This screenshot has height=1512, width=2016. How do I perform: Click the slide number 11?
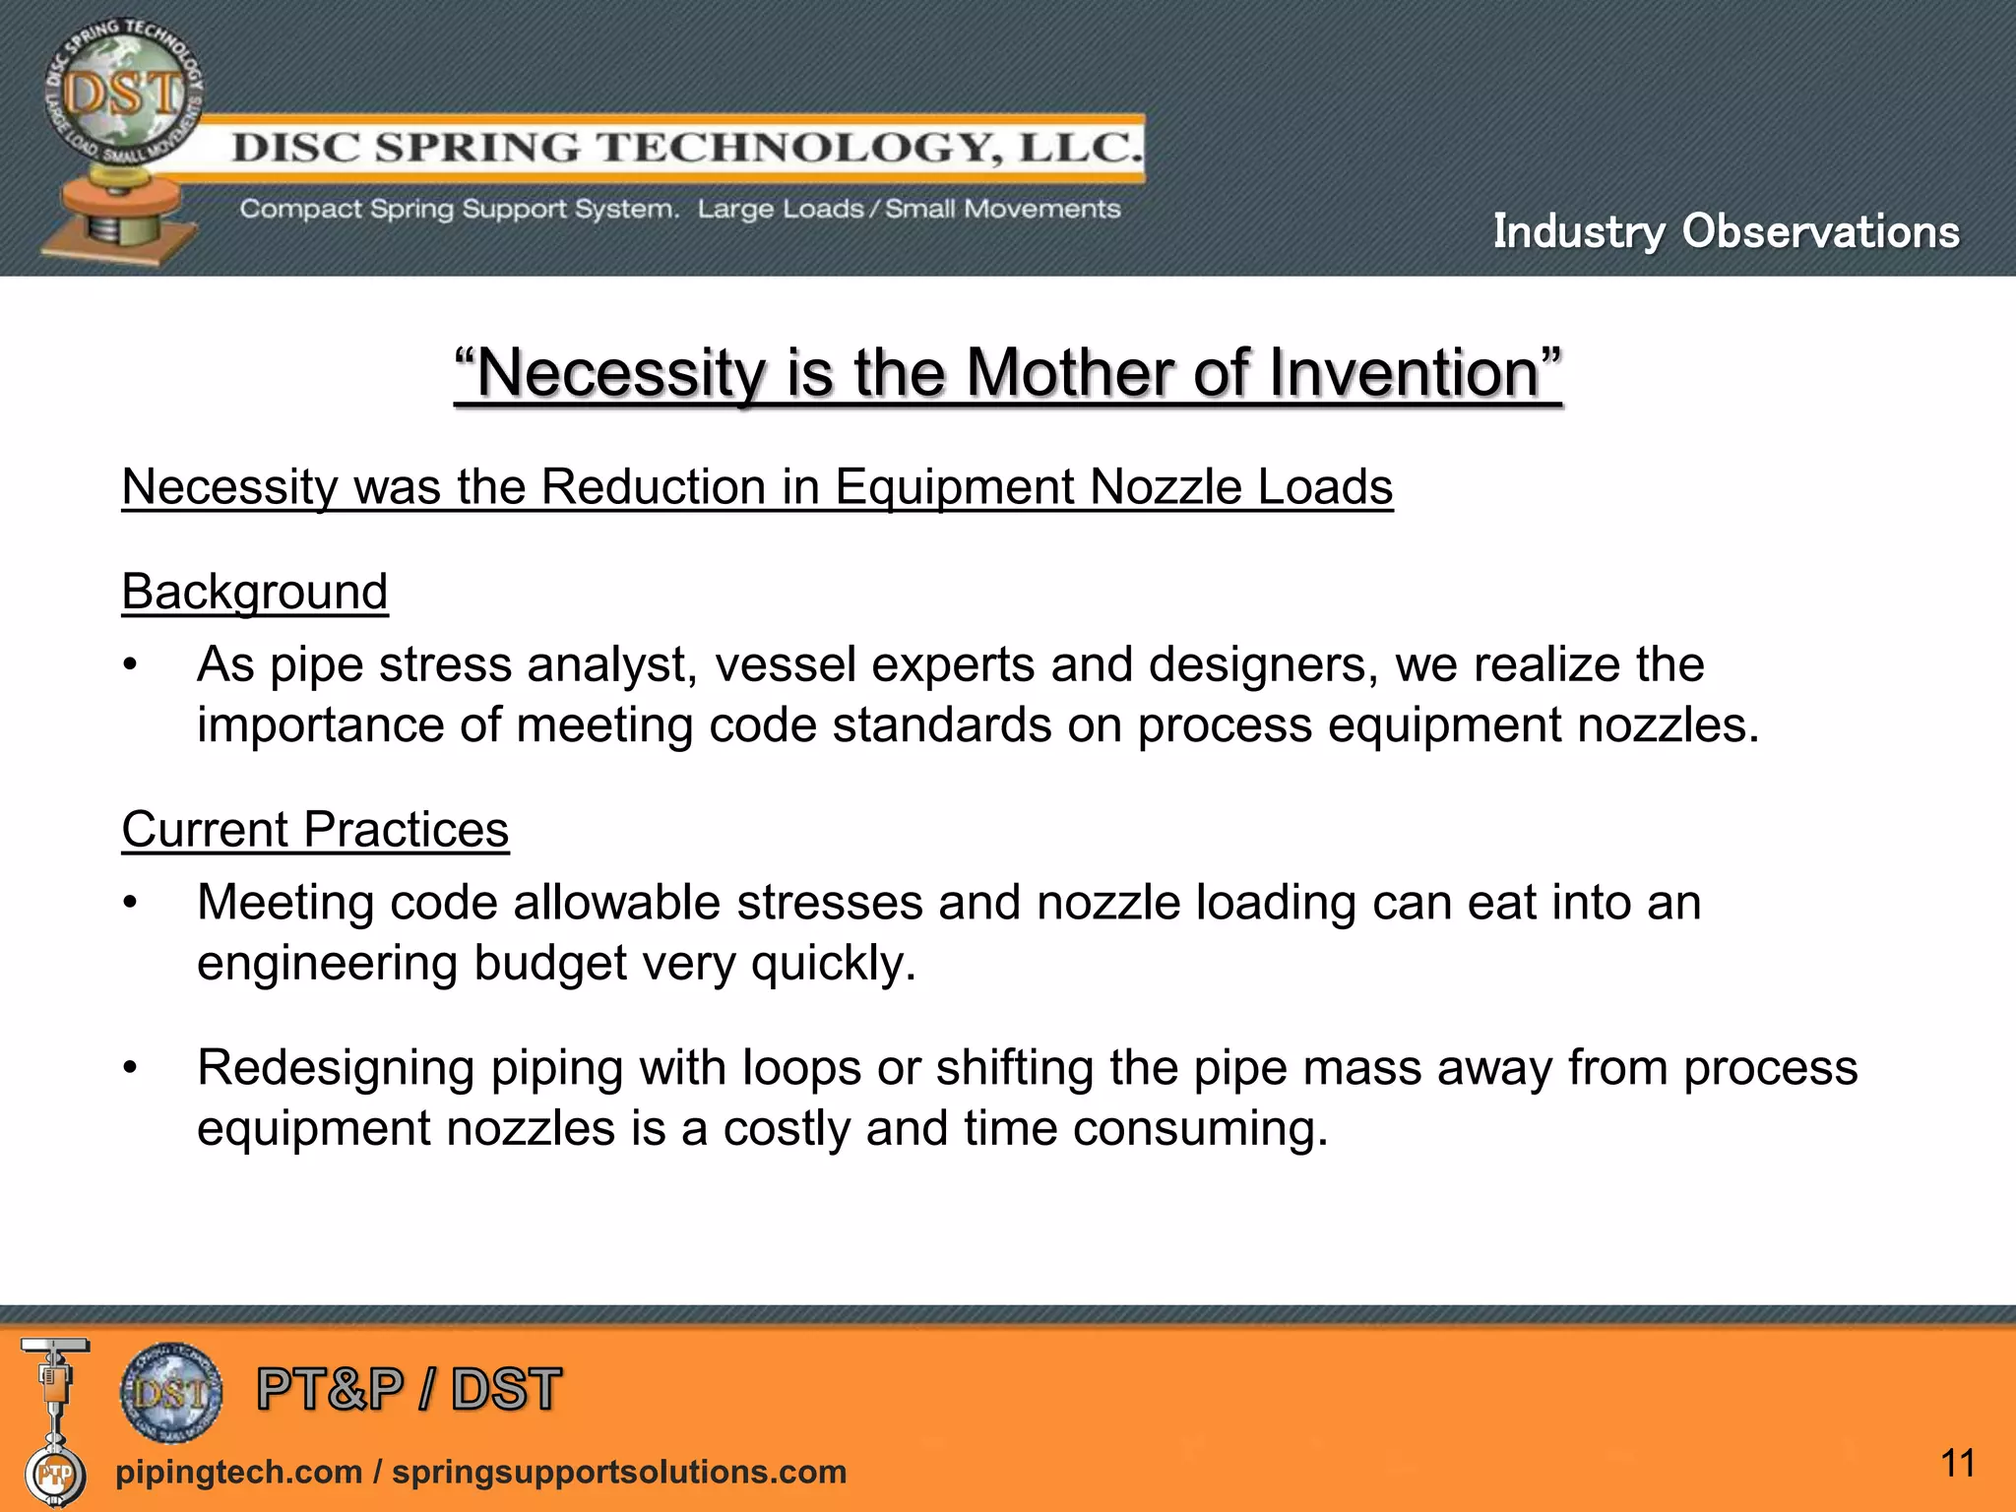click(1958, 1463)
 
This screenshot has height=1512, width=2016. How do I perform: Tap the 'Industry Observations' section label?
click(1726, 231)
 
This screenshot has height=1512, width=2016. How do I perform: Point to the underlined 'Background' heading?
click(255, 592)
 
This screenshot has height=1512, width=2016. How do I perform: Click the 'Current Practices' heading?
click(315, 829)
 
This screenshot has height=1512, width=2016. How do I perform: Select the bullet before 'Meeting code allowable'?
click(130, 904)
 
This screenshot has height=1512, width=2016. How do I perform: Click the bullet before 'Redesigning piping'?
click(130, 1068)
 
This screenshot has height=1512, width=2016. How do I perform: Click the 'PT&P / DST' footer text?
click(409, 1389)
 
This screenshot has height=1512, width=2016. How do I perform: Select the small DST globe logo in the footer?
click(171, 1392)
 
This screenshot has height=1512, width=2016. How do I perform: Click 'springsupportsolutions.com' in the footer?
click(619, 1472)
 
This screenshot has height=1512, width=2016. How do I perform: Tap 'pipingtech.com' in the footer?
click(238, 1472)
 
